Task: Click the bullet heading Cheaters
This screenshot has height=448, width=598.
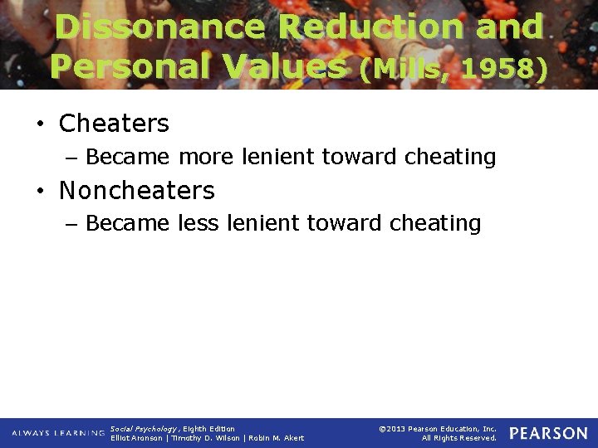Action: point(114,124)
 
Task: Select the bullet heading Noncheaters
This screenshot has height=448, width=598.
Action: point(137,191)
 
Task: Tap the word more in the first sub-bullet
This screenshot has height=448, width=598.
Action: point(206,156)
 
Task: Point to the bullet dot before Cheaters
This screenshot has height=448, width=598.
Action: point(39,125)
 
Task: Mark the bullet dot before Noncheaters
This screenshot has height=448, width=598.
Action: point(39,192)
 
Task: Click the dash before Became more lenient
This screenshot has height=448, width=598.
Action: point(72,158)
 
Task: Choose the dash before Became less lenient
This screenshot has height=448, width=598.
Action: point(72,224)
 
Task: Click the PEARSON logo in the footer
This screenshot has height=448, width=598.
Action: point(548,433)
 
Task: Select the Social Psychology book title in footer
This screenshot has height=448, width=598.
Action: point(142,428)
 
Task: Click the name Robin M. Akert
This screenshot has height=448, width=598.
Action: point(277,438)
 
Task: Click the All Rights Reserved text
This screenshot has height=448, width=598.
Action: point(459,438)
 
